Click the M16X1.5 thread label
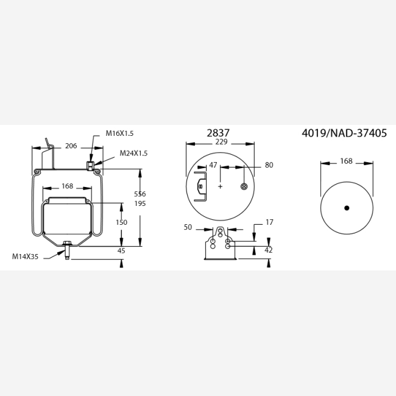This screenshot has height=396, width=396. [119, 133]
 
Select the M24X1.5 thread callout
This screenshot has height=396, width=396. [133, 154]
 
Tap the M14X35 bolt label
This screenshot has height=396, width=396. [25, 256]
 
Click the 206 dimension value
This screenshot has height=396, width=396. [71, 146]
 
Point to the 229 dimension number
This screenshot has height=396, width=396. [221, 142]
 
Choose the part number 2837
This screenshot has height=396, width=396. [218, 133]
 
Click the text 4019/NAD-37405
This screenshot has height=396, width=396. [344, 133]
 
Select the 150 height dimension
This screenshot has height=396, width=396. [121, 222]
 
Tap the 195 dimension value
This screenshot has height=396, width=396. [140, 203]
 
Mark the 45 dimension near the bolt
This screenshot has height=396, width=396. [121, 251]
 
